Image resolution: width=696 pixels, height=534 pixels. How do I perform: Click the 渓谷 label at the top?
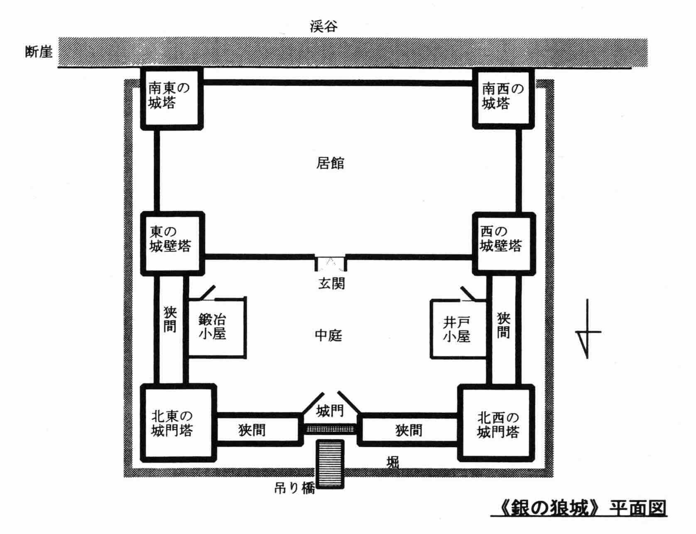[323, 26]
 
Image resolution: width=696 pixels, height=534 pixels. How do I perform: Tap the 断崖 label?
[39, 52]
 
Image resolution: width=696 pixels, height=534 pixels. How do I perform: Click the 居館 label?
[330, 163]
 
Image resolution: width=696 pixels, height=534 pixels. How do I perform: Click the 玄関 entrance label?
[331, 283]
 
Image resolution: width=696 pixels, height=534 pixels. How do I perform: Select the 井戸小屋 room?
[457, 329]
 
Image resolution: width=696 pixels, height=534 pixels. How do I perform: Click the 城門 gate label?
[330, 411]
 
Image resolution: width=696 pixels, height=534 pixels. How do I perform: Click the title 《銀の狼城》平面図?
[579, 507]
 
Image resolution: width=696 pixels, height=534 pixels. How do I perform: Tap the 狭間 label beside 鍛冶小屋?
[170, 319]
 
